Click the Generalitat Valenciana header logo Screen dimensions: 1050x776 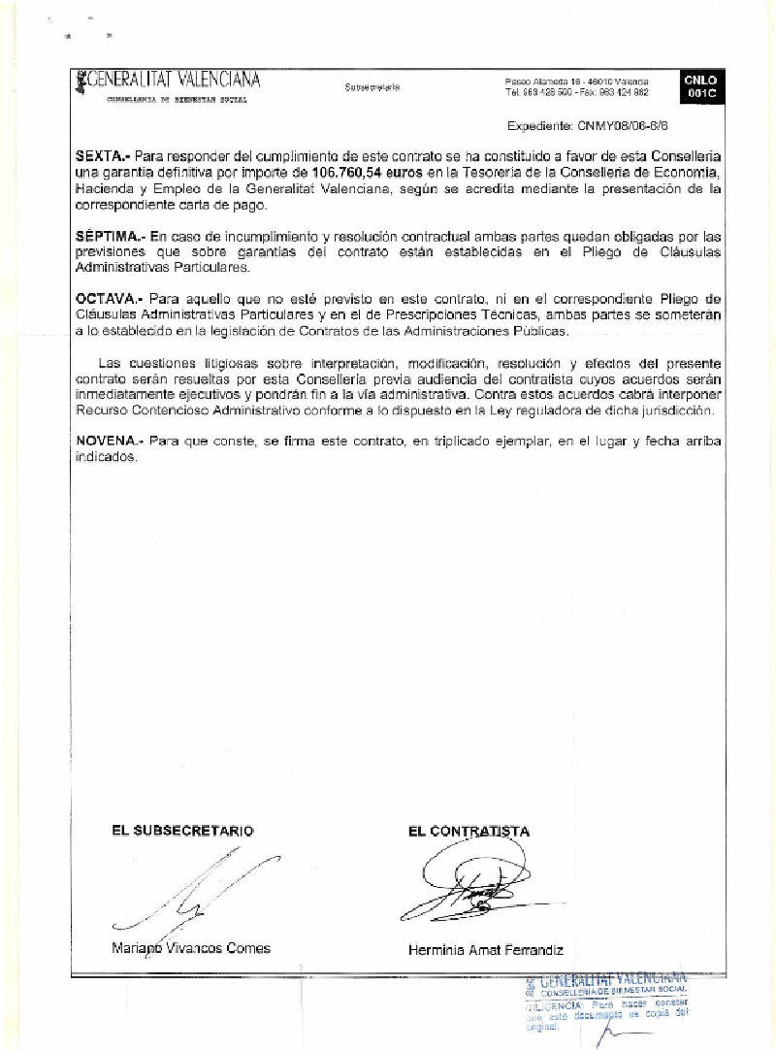(x=167, y=81)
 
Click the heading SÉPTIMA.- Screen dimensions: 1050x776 (x=110, y=236)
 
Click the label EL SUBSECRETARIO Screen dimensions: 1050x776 (x=182, y=831)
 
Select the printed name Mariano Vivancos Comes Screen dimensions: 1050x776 (x=190, y=949)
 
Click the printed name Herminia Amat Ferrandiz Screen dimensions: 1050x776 (x=486, y=951)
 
